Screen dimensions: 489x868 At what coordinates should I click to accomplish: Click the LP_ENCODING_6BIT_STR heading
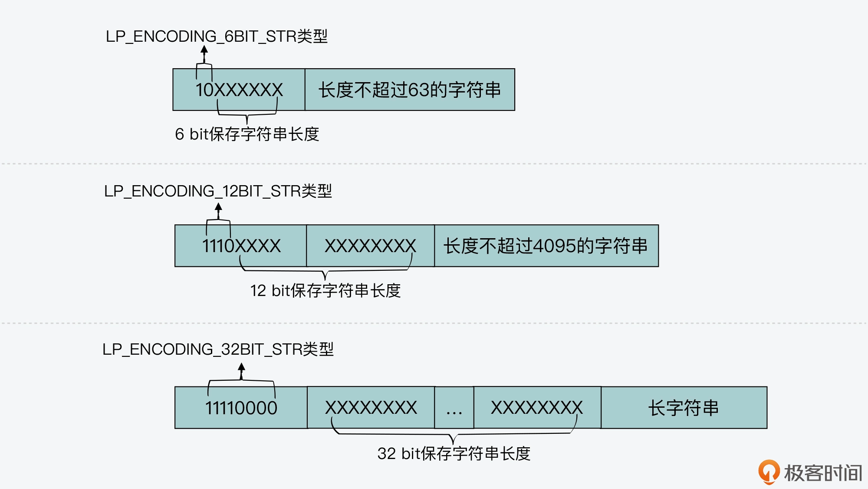pos(216,37)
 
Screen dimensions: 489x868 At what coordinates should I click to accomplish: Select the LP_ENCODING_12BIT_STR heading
pos(218,191)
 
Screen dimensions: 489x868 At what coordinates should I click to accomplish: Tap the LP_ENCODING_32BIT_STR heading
pos(218,349)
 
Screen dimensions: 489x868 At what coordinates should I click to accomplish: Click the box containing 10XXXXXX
pos(239,90)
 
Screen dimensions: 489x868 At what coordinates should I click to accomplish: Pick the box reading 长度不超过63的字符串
pos(410,90)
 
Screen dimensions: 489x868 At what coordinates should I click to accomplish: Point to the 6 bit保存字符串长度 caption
pos(247,134)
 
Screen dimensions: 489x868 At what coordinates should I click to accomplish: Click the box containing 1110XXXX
pos(241,246)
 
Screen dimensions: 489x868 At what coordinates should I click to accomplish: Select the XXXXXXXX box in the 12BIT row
pos(370,246)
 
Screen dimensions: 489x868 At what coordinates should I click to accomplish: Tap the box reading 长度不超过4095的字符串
pos(546,246)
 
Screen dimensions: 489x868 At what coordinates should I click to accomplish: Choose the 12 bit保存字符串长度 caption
pos(325,291)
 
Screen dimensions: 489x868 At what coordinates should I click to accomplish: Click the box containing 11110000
pos(241,408)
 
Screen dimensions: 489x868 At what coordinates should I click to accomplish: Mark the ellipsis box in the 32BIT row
pos(454,408)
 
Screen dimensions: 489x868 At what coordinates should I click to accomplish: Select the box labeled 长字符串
pos(684,408)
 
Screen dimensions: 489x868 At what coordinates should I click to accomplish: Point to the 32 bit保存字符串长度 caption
pos(454,454)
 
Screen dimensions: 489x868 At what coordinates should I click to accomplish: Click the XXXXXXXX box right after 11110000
pos(371,408)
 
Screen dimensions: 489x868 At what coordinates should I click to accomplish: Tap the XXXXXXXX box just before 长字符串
pos(537,408)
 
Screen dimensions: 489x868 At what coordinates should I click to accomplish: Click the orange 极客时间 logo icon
pos(769,472)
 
